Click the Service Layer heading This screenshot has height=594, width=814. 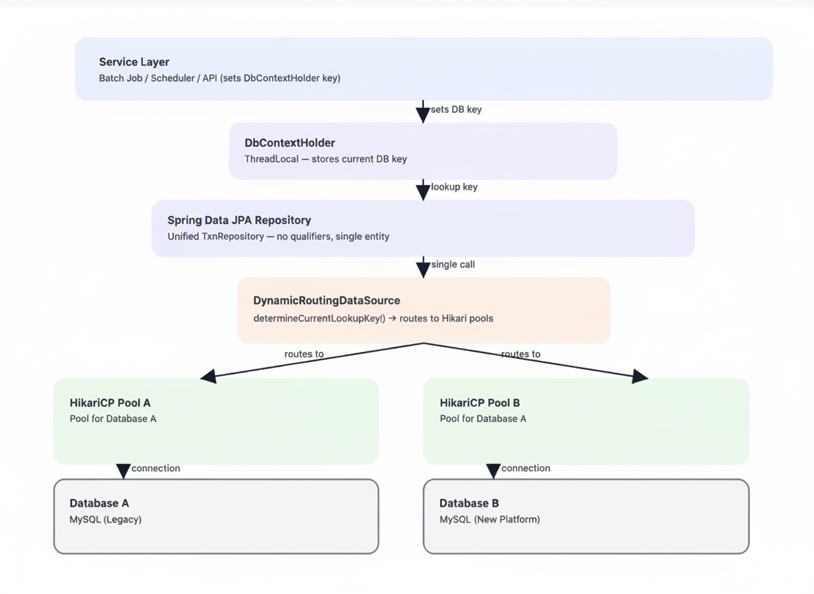point(134,62)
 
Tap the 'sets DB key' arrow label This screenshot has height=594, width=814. point(456,109)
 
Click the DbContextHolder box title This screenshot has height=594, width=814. point(289,143)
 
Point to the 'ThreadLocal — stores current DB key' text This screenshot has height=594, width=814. point(325,159)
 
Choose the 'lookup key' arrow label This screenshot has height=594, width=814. point(454,187)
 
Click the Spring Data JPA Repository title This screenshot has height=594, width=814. point(239,220)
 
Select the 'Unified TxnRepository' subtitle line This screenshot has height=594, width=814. point(278,236)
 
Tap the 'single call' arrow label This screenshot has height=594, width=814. point(452,264)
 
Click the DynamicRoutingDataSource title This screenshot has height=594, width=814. point(326,300)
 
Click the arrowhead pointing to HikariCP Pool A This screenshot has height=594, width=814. point(208,376)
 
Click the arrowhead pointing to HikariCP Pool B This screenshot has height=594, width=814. point(639,376)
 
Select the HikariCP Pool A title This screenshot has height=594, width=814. point(109,403)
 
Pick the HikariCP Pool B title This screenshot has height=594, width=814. point(480,403)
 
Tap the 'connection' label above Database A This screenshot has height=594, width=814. point(155,468)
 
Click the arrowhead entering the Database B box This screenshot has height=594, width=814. point(493,471)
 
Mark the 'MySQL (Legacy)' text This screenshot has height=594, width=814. point(105,520)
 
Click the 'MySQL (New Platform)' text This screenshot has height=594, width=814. point(489,520)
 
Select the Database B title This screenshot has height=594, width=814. point(469,503)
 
